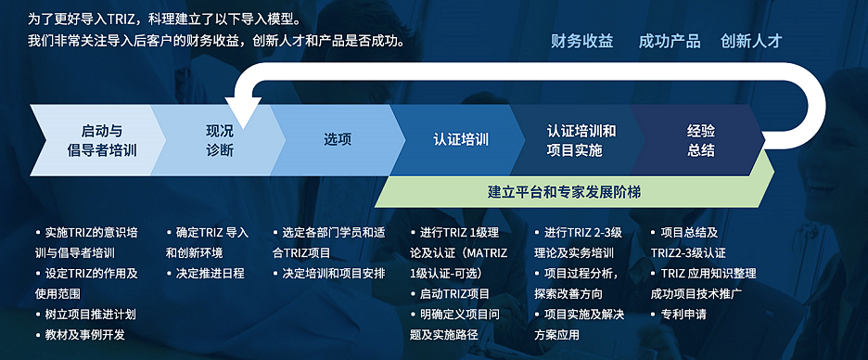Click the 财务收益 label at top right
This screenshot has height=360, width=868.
pyautogui.click(x=581, y=42)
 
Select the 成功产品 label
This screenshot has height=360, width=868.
pyautogui.click(x=670, y=42)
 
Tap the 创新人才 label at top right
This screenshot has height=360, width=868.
pyautogui.click(x=751, y=42)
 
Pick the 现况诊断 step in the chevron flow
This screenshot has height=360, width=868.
pyautogui.click(x=220, y=141)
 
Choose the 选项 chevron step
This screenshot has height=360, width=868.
pyautogui.click(x=338, y=141)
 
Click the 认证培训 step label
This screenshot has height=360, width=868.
pyautogui.click(x=461, y=139)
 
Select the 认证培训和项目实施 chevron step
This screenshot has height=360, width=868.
pyautogui.click(x=581, y=141)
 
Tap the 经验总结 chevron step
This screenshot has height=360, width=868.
pyautogui.click(x=701, y=141)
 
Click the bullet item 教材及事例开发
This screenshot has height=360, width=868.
pyautogui.click(x=81, y=335)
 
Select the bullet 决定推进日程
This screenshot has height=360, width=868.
pyautogui.click(x=205, y=274)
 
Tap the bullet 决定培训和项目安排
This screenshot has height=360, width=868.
pyautogui.click(x=329, y=274)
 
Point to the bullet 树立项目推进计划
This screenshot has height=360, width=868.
pyautogui.click(x=86, y=315)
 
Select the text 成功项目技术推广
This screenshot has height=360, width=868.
pyautogui.click(x=696, y=294)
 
